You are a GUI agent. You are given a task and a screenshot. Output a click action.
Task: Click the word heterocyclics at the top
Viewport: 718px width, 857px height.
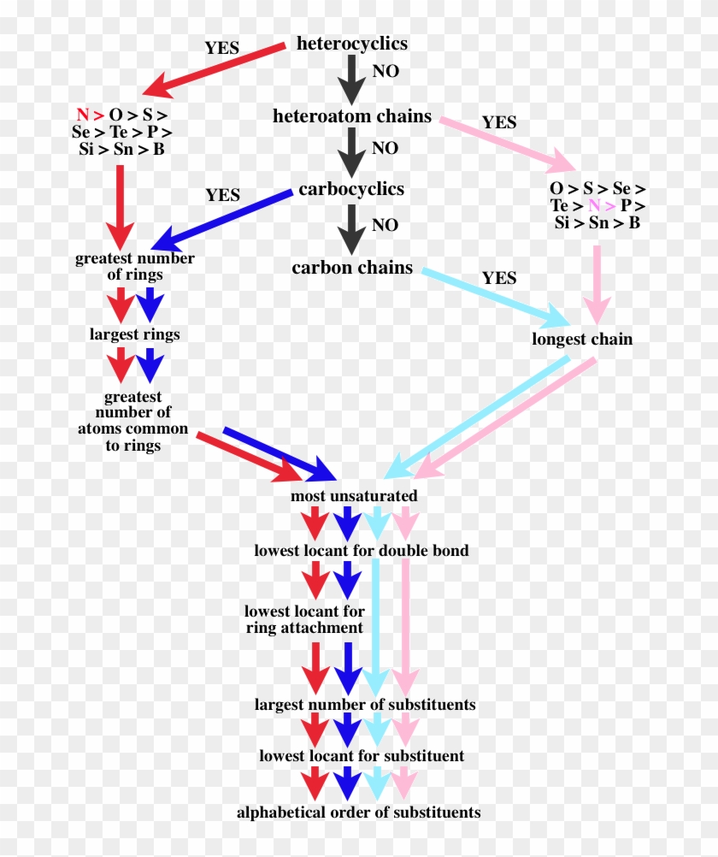pyautogui.click(x=351, y=44)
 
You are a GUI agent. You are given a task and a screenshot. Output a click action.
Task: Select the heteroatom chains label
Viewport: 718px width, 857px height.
pyautogui.click(x=351, y=116)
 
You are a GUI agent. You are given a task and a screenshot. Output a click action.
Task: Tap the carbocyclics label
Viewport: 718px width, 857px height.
pyautogui.click(x=351, y=189)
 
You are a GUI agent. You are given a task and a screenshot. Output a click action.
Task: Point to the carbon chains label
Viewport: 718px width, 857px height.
pyautogui.click(x=351, y=268)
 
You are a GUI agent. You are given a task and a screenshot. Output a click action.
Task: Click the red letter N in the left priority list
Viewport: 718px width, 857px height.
pyautogui.click(x=82, y=115)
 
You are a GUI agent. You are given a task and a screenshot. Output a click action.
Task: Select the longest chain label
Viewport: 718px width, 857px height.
pyautogui.click(x=582, y=339)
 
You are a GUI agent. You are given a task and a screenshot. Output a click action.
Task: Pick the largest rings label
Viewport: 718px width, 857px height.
pyautogui.click(x=134, y=334)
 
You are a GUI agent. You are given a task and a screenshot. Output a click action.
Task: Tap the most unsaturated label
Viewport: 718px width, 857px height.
pyautogui.click(x=354, y=496)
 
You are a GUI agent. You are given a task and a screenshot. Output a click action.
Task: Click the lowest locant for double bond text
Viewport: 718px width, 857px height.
pyautogui.click(x=361, y=551)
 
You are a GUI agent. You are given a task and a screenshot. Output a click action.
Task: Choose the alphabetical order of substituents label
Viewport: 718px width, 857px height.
pyautogui.click(x=358, y=812)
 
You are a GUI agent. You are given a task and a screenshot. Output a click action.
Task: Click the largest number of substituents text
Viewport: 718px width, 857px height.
pyautogui.click(x=364, y=705)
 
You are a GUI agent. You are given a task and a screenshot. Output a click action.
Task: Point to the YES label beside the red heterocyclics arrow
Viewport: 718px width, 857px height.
pyautogui.click(x=222, y=48)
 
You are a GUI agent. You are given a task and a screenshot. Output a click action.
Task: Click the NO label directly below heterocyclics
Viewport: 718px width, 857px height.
pyautogui.click(x=385, y=72)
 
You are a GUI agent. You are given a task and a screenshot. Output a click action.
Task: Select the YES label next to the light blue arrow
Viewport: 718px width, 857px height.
pyautogui.click(x=499, y=278)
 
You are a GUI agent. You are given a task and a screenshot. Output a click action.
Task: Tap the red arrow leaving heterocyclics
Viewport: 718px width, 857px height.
pyautogui.click(x=214, y=67)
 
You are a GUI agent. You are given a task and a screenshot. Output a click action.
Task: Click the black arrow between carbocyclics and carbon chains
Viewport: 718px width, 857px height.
pyautogui.click(x=351, y=227)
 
